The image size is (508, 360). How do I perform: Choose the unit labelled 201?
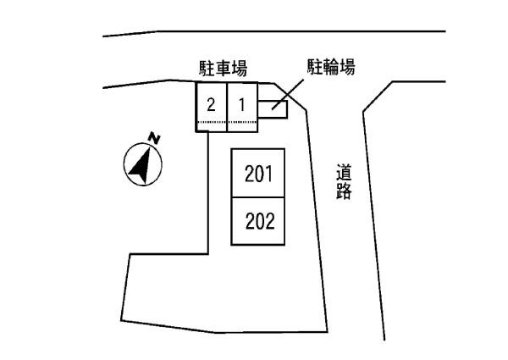coord(257,174)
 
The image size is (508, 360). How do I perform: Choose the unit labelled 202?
coord(257,222)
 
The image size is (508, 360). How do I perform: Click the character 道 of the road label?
coord(343,173)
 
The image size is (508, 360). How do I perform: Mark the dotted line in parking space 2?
coord(212,123)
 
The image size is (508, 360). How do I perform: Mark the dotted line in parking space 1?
coord(242,123)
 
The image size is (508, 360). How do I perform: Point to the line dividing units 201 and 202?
coord(258,198)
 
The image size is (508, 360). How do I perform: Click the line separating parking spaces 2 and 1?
coord(227,106)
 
